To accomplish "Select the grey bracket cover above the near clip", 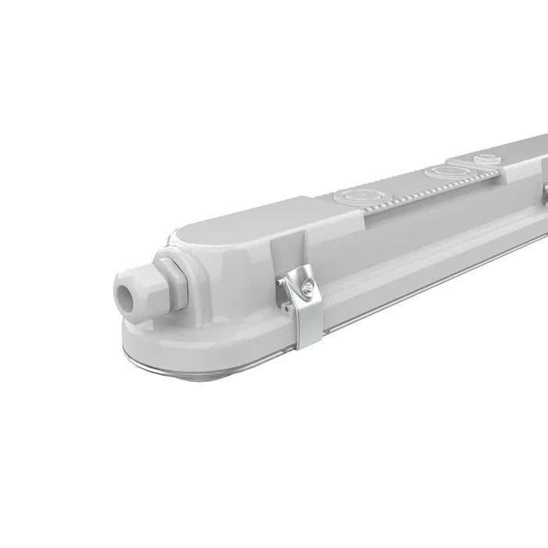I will coord(294,235).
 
